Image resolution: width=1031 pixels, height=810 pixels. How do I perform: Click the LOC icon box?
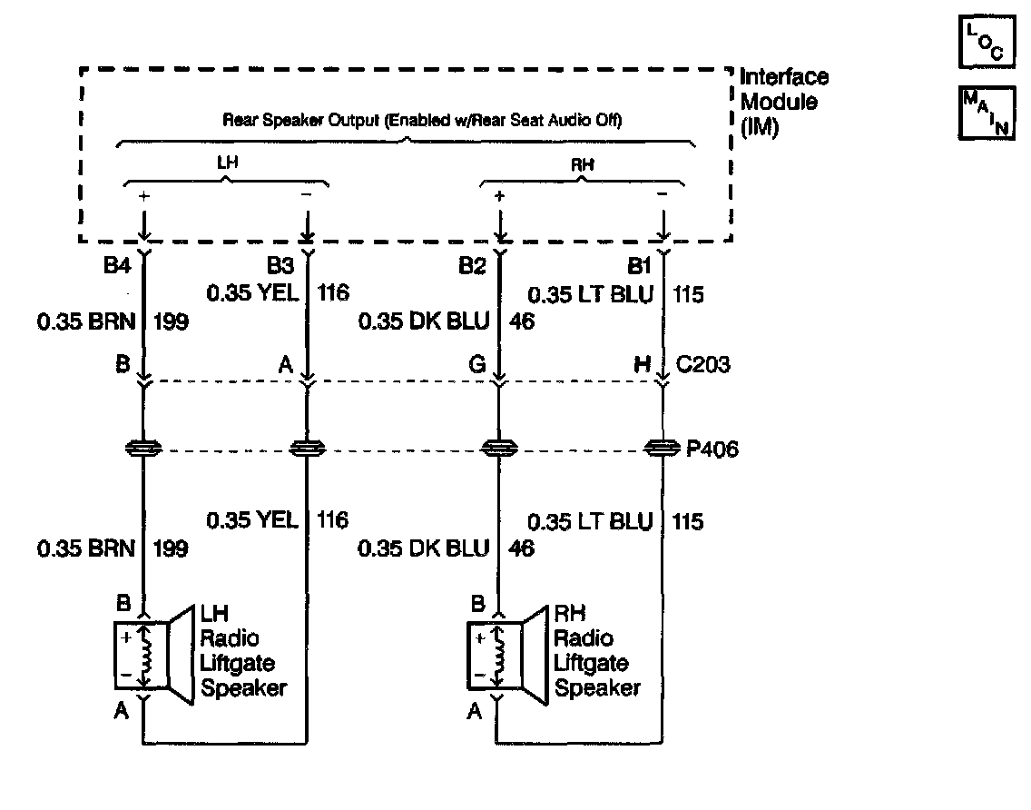[x=987, y=42]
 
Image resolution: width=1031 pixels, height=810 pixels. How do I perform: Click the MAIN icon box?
[x=987, y=114]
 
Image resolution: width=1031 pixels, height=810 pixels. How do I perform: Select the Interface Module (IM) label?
[x=784, y=102]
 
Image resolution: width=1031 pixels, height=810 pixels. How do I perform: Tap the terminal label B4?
[x=117, y=265]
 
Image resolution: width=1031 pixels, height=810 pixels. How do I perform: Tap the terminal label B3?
[x=280, y=265]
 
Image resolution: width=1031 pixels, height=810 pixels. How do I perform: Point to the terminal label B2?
[x=472, y=266]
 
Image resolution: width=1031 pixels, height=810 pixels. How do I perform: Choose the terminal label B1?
[x=639, y=266]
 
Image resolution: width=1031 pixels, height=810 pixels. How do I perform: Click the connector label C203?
[x=702, y=364]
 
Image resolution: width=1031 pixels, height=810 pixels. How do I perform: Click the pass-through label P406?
[x=712, y=449]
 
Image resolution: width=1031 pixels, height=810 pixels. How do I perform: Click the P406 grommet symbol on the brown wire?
[x=143, y=449]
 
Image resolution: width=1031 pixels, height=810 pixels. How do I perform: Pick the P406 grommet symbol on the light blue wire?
[x=663, y=449]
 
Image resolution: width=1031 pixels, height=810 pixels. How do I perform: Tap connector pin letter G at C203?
[x=477, y=364]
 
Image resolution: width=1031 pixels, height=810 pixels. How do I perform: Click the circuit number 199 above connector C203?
[x=171, y=321]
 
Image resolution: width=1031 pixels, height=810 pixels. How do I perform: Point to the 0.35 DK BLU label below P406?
[x=424, y=548]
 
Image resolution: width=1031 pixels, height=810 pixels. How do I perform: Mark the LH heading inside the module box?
[x=228, y=163]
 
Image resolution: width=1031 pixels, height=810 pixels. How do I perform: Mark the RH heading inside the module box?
[x=583, y=164]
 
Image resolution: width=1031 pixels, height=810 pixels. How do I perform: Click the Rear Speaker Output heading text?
[x=422, y=121]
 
